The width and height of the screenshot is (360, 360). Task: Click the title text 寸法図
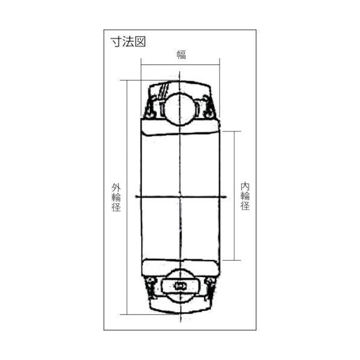click(x=128, y=42)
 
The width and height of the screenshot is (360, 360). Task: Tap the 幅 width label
click(x=181, y=55)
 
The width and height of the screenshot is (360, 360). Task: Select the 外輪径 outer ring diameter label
click(x=117, y=197)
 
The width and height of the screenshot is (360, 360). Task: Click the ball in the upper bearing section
click(x=180, y=107)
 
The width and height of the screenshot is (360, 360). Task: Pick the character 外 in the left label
click(x=117, y=187)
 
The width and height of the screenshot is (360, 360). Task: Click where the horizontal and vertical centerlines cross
click(x=180, y=197)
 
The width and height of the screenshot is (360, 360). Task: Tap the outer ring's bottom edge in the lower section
click(x=180, y=311)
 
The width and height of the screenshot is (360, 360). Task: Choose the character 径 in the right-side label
click(x=245, y=206)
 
